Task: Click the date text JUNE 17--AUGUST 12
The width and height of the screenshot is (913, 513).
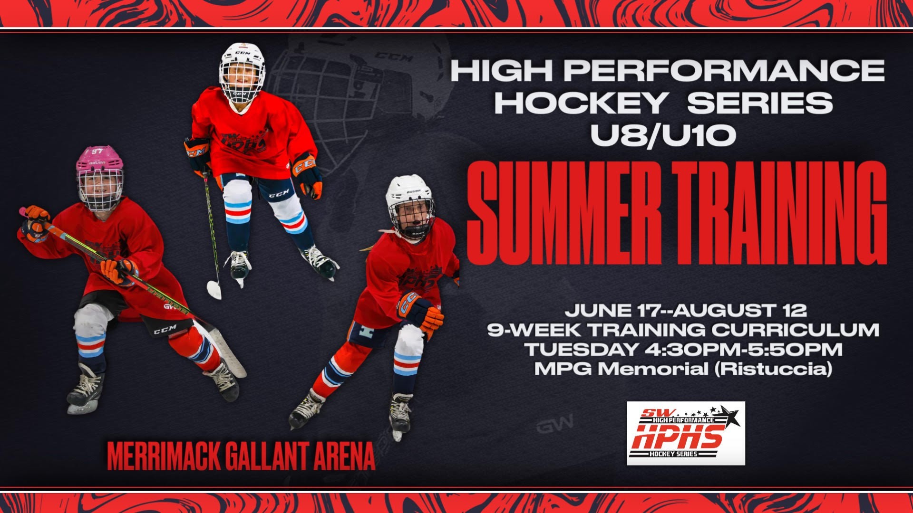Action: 686,310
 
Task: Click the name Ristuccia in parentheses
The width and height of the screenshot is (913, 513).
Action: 774,369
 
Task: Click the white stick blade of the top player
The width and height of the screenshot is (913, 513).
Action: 214,289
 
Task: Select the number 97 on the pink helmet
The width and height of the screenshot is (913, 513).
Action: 97,152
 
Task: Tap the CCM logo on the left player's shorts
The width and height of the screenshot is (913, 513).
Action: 165,329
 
